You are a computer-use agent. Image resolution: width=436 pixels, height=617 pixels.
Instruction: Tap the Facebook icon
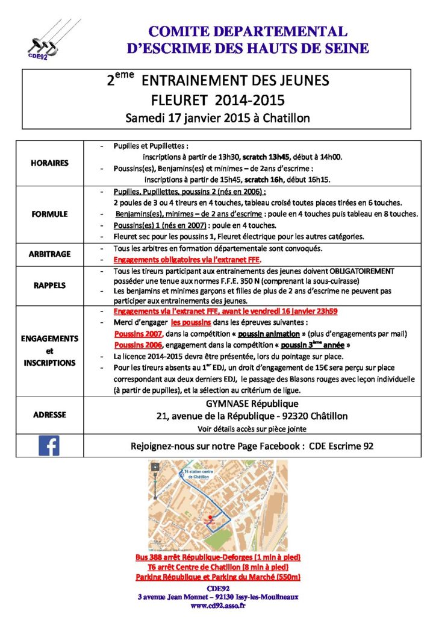coord(49,446)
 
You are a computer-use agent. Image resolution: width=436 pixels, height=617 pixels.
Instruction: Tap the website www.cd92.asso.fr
coord(218,606)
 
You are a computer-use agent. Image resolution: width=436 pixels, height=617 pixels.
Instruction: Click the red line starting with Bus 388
coord(218,557)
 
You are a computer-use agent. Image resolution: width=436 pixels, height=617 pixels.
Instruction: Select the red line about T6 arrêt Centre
coord(218,568)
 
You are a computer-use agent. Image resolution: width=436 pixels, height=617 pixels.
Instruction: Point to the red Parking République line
coord(218,577)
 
